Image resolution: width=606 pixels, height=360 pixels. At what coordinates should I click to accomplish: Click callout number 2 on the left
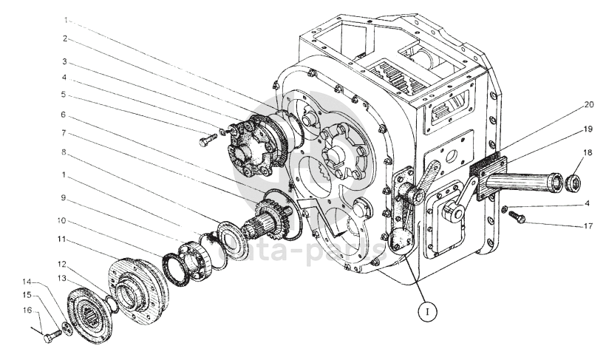pyautogui.click(x=64, y=38)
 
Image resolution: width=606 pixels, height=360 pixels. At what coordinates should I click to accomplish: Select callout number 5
pyautogui.click(x=64, y=95)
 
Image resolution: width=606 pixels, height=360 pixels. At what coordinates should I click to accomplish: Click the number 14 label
pyautogui.click(x=27, y=282)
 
